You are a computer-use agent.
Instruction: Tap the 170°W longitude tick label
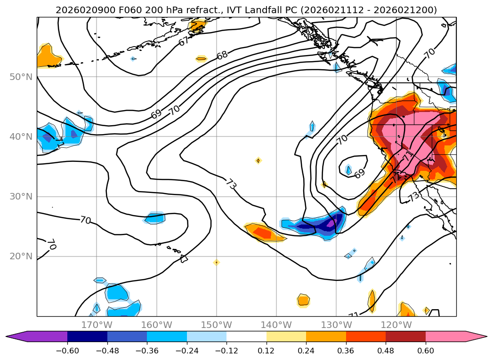point(97,325)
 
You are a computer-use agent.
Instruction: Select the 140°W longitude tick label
point(276,325)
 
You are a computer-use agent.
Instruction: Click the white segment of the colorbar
point(246,336)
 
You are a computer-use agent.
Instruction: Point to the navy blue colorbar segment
point(87,336)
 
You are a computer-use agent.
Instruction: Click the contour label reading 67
point(184,41)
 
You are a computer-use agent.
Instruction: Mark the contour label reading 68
point(222,55)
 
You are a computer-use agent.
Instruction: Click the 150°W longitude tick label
point(217,325)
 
